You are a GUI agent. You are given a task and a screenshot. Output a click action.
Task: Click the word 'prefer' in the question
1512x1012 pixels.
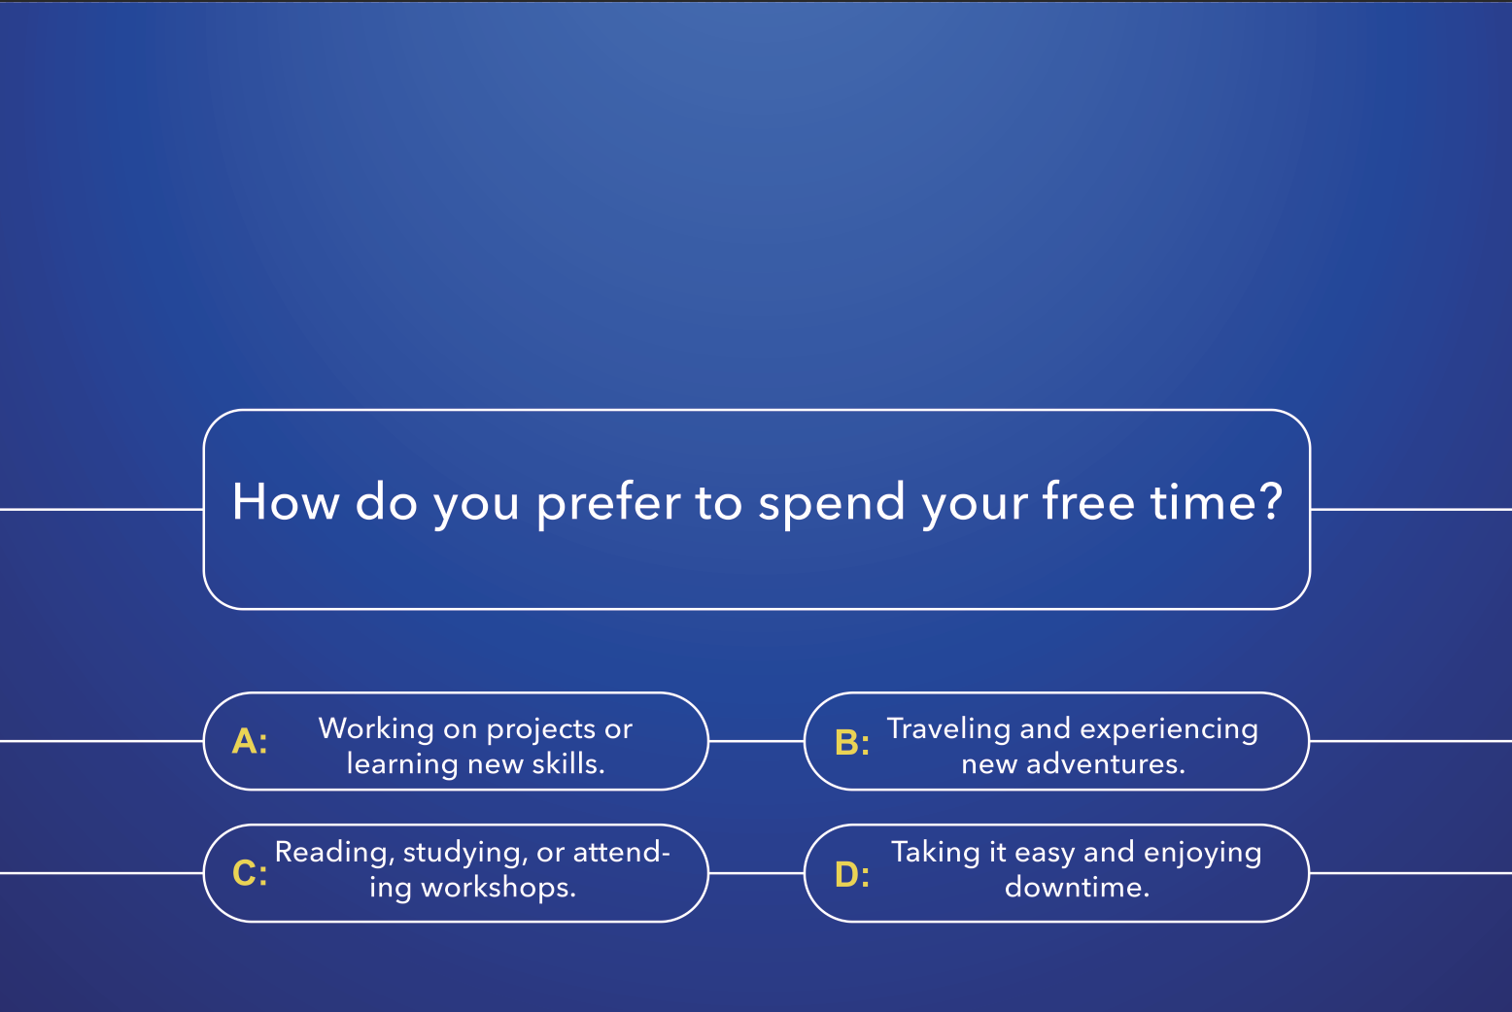tap(609, 504)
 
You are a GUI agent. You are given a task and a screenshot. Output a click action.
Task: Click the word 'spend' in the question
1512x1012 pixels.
tap(832, 504)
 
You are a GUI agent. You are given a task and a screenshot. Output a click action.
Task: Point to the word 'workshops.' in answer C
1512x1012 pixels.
tap(498, 887)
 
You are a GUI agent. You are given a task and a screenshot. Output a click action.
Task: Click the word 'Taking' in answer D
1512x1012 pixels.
tap(936, 853)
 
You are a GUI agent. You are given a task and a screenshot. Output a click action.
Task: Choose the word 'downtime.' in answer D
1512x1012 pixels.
tap(1077, 887)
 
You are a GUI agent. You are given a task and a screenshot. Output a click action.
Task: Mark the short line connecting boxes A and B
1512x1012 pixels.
tap(756, 741)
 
